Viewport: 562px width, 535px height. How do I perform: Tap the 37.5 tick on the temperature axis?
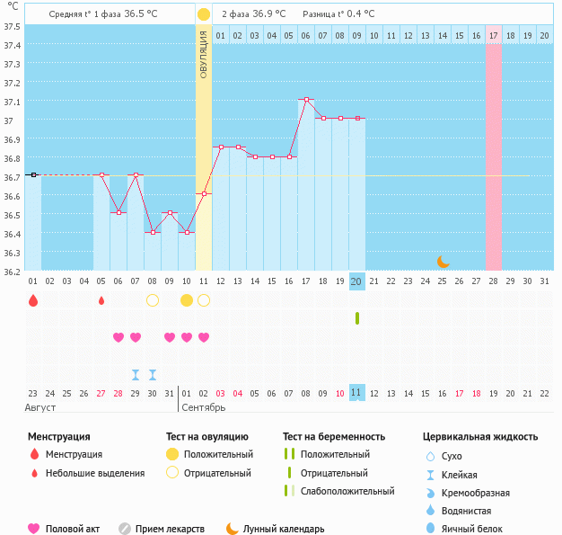point(13,26)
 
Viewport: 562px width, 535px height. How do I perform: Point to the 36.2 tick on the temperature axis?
point(13,271)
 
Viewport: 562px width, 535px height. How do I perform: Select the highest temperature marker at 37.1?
point(306,100)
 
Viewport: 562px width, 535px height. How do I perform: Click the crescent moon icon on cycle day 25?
point(443,262)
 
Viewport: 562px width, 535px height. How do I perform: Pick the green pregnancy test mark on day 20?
point(357,318)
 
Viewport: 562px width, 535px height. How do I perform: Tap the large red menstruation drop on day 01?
point(33,300)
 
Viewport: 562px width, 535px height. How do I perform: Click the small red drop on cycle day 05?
point(101,300)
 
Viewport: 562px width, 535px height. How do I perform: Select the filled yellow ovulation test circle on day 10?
point(187,300)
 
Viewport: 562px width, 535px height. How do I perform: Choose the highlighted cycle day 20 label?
point(356,281)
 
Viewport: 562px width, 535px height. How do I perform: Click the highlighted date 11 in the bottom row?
point(356,393)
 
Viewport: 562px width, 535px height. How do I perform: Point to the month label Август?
point(40,408)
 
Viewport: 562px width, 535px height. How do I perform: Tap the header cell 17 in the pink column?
point(494,35)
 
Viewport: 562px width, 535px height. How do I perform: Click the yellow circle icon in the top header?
point(204,14)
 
